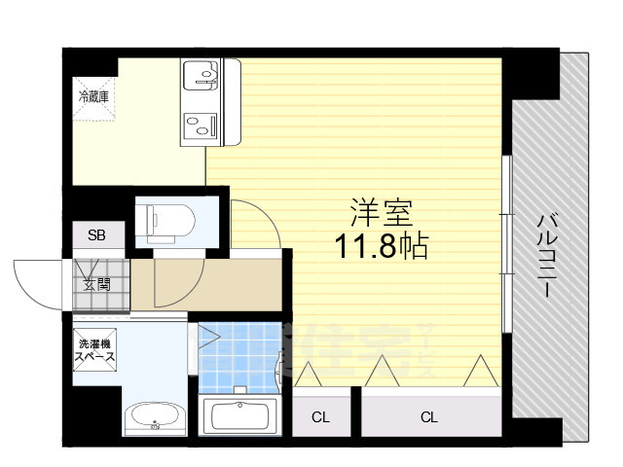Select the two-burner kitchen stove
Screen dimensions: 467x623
[x=202, y=125]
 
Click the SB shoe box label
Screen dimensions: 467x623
[x=97, y=235]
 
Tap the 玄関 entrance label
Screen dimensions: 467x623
[x=97, y=285]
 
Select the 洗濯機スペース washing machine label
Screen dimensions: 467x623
[x=96, y=350]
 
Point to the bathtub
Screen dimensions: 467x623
[x=240, y=417]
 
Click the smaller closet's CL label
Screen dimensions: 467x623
[x=319, y=418]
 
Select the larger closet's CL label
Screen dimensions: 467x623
[x=428, y=418]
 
